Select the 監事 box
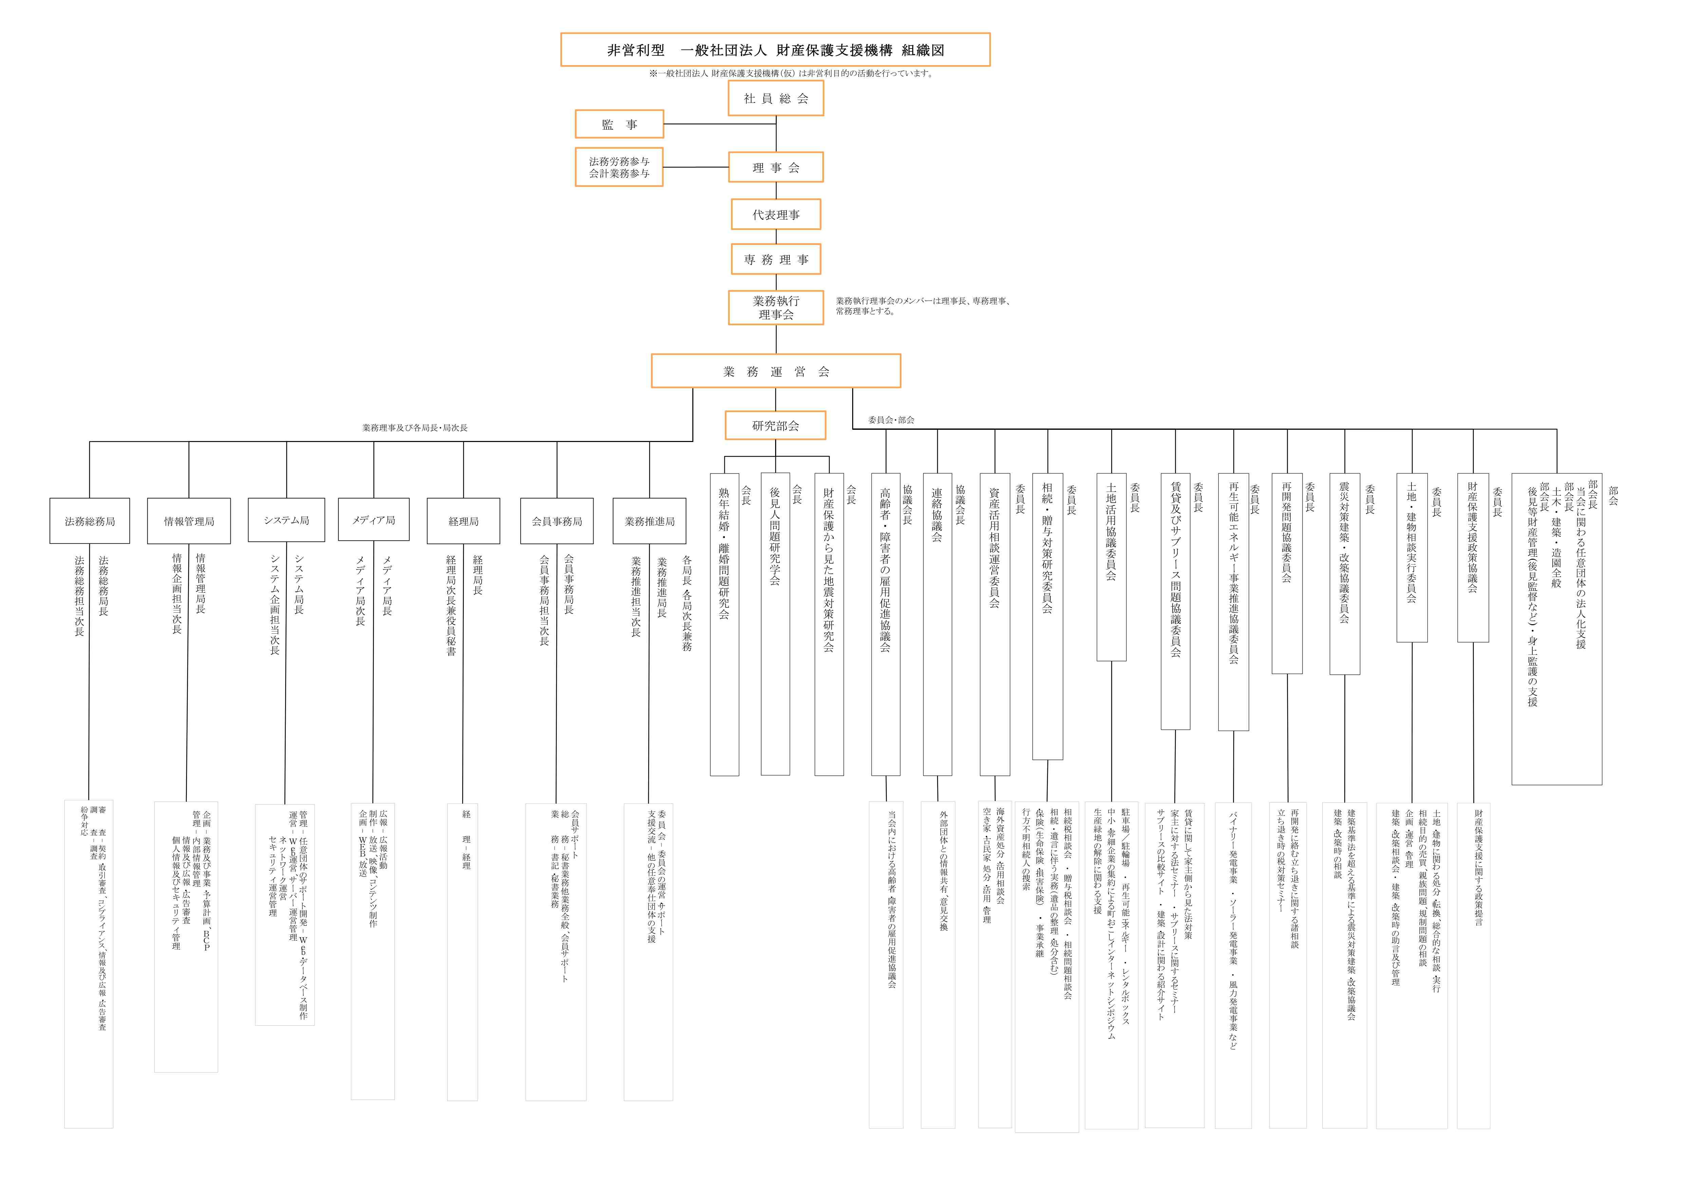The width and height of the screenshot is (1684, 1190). (619, 124)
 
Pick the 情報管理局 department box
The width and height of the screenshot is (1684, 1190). (189, 521)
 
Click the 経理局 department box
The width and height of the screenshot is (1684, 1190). (464, 521)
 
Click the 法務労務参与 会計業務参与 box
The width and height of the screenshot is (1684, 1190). (619, 167)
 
